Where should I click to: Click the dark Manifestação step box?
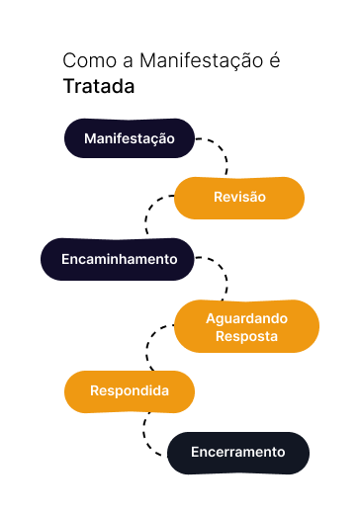coord(130,139)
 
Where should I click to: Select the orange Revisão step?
coord(239,198)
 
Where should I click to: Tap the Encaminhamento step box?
coord(119,259)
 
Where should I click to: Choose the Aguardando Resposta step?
coord(246,327)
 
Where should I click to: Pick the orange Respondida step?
coord(130,391)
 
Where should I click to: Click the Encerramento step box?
coord(238,453)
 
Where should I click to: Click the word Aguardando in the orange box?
coord(246,318)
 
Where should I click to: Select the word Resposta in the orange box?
coord(246,336)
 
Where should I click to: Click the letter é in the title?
coord(274,61)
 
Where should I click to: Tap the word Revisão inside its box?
coord(239,198)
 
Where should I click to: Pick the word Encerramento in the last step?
coord(238,453)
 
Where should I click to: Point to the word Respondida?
coord(130,391)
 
